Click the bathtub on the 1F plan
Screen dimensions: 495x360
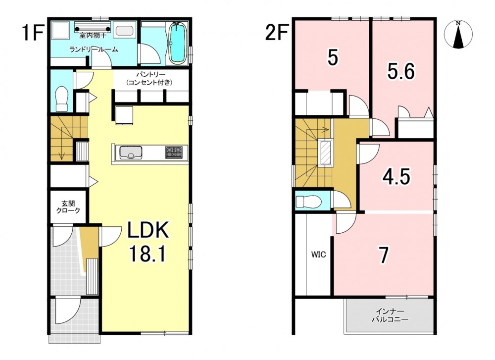[178, 44]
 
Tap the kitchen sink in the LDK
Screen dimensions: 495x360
[130, 153]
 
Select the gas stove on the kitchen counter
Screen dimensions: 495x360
[174, 152]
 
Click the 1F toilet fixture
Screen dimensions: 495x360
[62, 98]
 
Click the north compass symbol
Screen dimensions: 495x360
[458, 35]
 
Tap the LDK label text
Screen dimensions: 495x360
[148, 231]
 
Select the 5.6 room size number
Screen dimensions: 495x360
[401, 72]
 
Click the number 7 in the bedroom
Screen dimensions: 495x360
[384, 255]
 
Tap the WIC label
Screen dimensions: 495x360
[318, 255]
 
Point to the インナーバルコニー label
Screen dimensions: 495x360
[390, 315]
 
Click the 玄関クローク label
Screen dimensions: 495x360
[68, 207]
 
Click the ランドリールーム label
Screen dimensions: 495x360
[94, 49]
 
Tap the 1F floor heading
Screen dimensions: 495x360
[33, 33]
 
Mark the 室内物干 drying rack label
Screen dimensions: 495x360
[93, 35]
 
